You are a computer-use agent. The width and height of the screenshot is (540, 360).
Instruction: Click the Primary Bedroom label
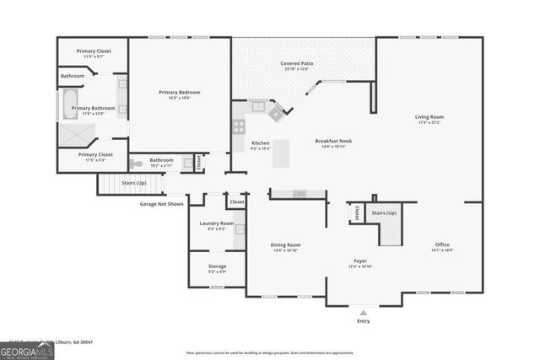tap(179, 92)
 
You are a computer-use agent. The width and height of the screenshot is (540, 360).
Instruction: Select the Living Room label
tap(429, 117)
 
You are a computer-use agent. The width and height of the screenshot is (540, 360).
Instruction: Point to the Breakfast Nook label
tap(332, 142)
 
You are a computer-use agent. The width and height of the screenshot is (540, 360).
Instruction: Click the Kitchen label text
tap(261, 143)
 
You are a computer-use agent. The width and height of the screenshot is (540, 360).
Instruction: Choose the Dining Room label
tap(285, 244)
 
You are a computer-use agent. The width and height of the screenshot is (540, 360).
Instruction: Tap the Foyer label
tap(359, 261)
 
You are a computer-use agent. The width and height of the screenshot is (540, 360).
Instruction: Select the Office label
tap(443, 244)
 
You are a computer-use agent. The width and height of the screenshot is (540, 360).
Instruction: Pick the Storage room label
tap(217, 266)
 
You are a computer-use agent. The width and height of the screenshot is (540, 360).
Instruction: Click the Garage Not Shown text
tap(161, 204)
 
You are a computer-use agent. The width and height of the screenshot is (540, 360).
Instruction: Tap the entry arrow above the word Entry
tap(363, 311)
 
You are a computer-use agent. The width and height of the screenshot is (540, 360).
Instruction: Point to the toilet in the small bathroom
tap(138, 165)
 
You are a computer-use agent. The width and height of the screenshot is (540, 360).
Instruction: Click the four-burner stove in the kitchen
tap(239, 127)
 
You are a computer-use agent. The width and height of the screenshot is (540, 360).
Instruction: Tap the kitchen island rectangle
tap(280, 153)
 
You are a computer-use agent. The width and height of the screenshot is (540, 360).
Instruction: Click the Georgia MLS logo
tap(27, 348)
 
